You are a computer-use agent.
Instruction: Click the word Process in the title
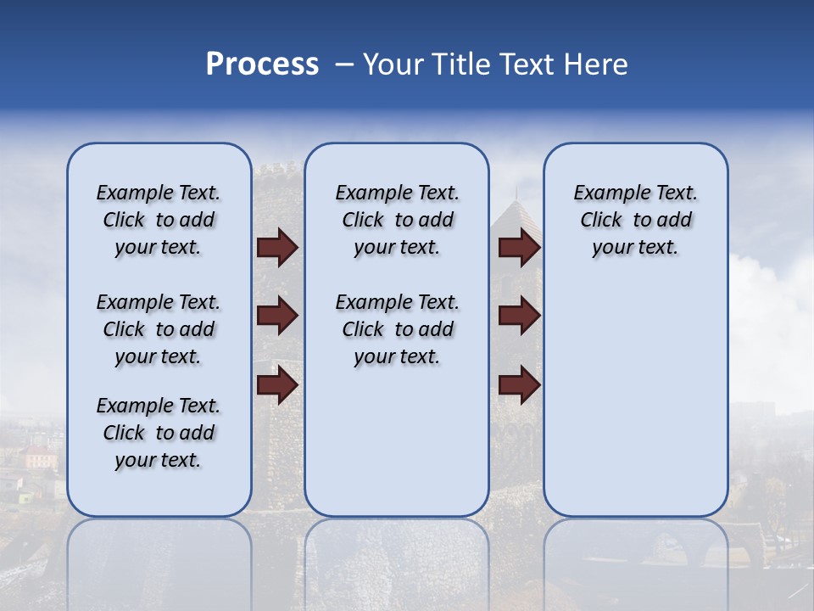pos(262,64)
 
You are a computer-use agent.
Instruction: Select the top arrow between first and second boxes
pos(277,248)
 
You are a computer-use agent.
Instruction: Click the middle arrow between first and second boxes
pos(277,317)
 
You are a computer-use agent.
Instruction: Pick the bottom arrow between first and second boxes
pos(277,385)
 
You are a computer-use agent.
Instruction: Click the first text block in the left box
pos(159,220)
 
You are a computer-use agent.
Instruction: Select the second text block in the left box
pos(159,329)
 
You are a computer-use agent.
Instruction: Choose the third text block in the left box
pos(159,433)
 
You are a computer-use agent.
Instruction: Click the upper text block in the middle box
pos(397,220)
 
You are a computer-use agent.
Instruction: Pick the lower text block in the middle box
pos(397,329)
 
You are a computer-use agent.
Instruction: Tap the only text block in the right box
pos(635,220)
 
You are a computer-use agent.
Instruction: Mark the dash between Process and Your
pos(344,65)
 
